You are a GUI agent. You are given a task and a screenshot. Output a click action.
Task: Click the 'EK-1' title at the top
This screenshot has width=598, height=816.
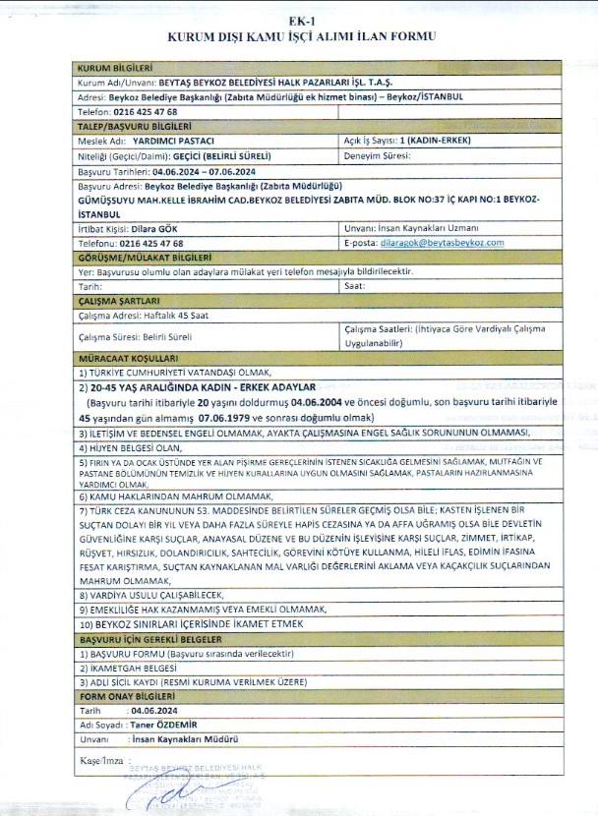point(298,21)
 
